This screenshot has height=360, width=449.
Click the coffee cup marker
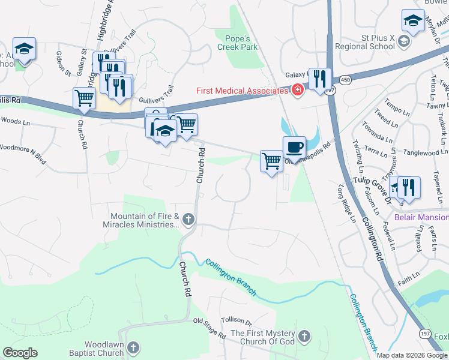click(294, 148)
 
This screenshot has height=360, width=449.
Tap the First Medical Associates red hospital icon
click(297, 90)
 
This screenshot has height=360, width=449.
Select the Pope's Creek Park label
click(237, 41)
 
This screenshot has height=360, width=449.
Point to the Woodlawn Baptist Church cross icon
click(134, 347)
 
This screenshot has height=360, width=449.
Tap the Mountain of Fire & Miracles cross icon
click(188, 219)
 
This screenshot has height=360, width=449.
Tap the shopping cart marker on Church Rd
click(84, 98)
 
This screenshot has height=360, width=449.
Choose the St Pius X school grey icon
click(404, 41)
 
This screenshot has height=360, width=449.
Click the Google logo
click(20, 352)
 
